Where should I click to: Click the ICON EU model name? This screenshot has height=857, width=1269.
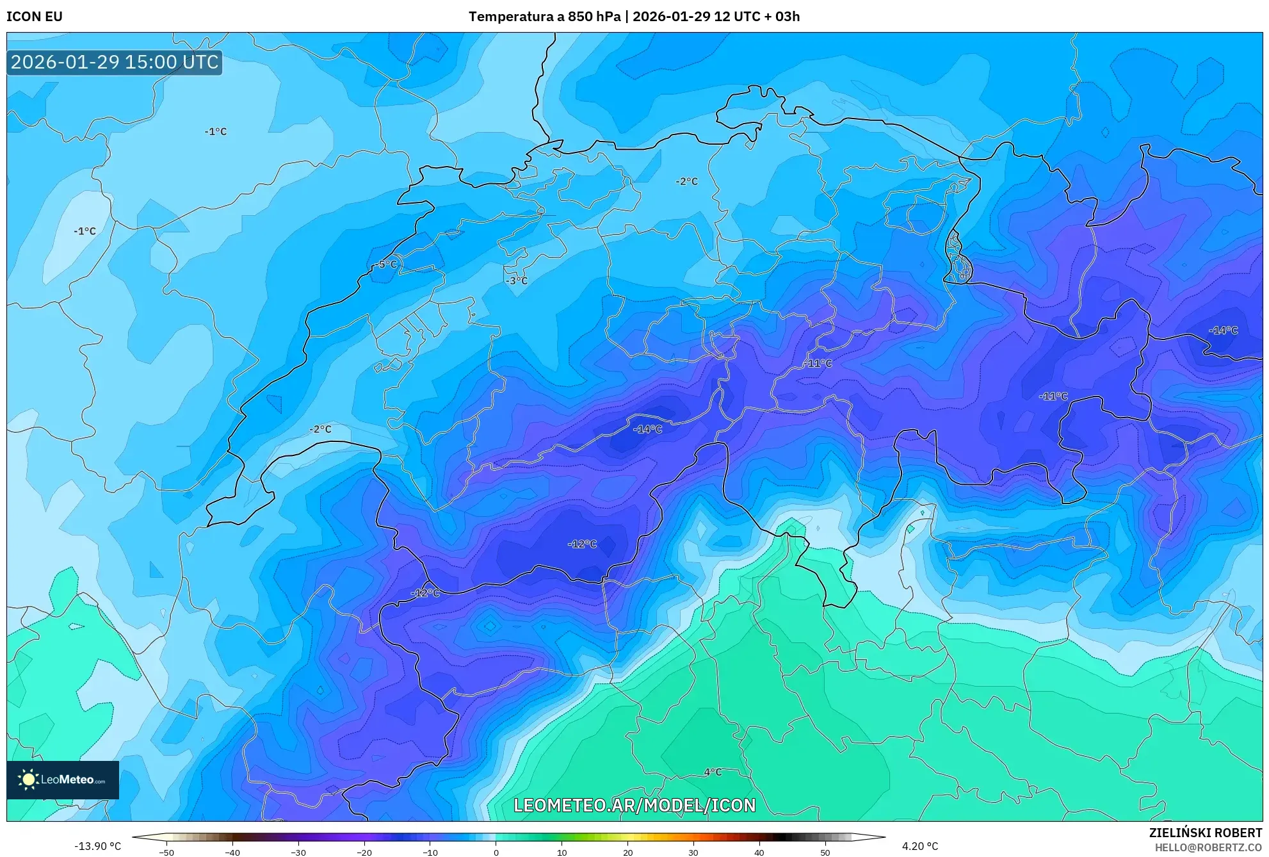pos(35,17)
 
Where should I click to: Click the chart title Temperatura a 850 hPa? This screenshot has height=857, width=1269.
pos(544,17)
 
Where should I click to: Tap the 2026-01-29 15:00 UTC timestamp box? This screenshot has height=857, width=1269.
pos(115,62)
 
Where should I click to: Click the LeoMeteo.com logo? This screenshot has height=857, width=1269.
pos(63,779)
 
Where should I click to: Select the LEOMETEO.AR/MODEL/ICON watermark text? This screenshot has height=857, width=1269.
pos(634,805)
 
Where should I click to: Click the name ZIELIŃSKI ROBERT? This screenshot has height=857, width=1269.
pos(1205,833)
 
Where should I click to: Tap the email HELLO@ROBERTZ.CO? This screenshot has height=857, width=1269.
pos(1208,847)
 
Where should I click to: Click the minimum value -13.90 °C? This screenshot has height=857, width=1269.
pos(97,846)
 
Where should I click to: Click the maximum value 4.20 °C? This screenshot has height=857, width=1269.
pos(920,846)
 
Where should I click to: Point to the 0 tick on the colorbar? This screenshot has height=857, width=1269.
pos(496,852)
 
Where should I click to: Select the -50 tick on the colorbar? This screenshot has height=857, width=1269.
pos(166,852)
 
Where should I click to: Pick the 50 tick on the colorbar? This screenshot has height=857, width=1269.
pos(825,852)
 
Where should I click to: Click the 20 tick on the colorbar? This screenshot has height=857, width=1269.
pos(627,852)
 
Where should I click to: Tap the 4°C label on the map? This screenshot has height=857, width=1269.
pos(713,772)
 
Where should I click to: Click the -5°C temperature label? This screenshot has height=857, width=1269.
pos(386,265)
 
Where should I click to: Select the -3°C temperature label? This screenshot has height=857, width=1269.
pos(517,281)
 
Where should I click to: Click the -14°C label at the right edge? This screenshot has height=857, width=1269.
pos(1223,331)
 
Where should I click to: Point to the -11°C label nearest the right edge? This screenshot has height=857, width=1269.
pos(1053,396)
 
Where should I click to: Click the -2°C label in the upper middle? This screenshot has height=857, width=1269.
pos(686,182)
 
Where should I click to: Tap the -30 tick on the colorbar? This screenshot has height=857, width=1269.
pos(298,852)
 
